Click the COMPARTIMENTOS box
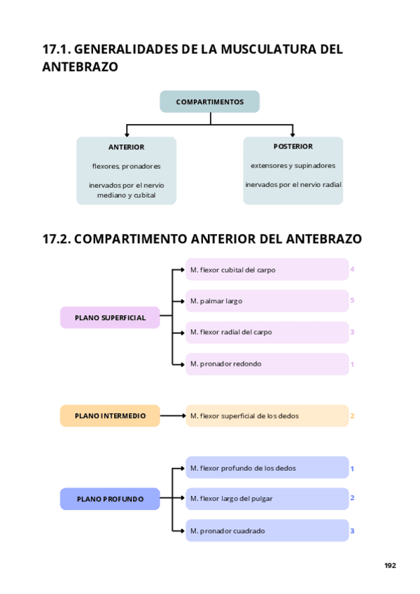[x=209, y=102]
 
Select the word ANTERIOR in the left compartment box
[x=126, y=147]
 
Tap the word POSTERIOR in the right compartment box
[x=293, y=146]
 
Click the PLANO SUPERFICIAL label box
[x=110, y=317]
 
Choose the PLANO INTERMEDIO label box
[x=110, y=415]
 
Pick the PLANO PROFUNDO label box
[x=110, y=499]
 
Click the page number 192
[x=390, y=565]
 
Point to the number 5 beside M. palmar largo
[x=353, y=301]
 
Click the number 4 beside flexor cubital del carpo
[x=353, y=269]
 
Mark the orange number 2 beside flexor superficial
[x=353, y=415]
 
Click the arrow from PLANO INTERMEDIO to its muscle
[x=172, y=415]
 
